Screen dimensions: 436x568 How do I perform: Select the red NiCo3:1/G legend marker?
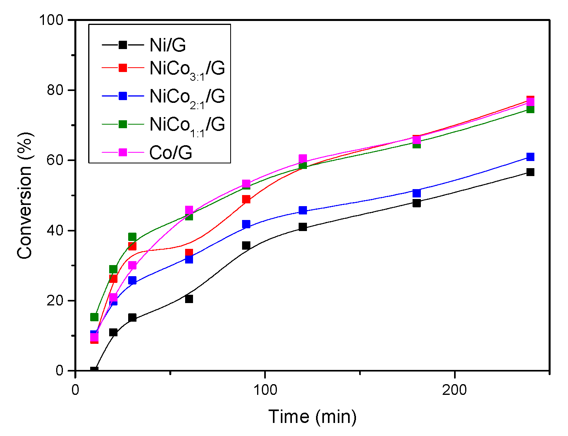[x=123, y=68]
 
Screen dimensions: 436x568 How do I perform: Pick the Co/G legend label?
[x=170, y=153]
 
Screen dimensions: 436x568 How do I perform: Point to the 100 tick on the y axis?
[x=54, y=20]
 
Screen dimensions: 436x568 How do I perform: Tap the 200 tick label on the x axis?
[x=454, y=390]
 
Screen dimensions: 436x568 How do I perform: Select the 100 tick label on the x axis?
[x=265, y=390]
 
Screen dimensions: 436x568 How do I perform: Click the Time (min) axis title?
[x=312, y=417]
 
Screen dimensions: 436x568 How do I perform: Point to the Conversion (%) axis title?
[x=25, y=195]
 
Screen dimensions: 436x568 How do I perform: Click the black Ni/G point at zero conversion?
[x=94, y=371]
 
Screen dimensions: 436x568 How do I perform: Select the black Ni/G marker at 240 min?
[x=530, y=172]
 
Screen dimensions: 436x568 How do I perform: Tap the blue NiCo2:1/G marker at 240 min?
[x=530, y=157]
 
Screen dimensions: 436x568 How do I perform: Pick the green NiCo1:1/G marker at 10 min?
[x=94, y=317]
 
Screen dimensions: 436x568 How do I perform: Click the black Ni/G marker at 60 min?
[x=189, y=299]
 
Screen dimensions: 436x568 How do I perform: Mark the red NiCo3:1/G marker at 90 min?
[x=246, y=199]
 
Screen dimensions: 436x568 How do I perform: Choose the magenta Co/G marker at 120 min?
[x=303, y=159]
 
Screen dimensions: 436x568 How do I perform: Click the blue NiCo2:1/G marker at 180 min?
[x=417, y=193]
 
